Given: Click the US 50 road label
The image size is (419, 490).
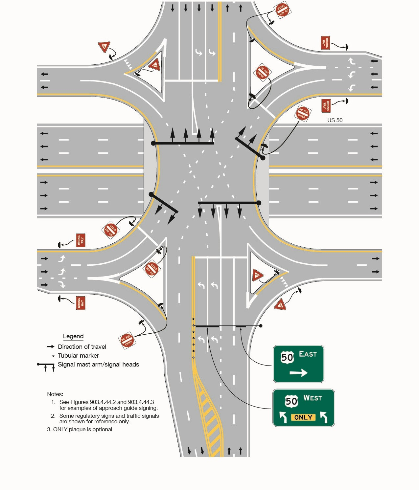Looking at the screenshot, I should [335, 120].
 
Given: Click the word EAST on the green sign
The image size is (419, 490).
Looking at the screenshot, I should [308, 354].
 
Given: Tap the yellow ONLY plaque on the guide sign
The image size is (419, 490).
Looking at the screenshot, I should [303, 417].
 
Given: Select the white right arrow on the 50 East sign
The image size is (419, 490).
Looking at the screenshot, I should [298, 373].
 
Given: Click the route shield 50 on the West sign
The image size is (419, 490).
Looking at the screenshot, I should [291, 401].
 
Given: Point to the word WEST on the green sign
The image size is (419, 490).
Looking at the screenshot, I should [313, 398].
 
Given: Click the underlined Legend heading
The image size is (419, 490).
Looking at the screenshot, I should [73, 336].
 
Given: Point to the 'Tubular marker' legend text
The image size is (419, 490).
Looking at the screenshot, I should [78, 355].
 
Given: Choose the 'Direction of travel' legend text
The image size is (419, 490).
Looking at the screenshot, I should [82, 346].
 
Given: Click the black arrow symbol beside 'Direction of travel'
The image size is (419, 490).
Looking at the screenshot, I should [51, 346].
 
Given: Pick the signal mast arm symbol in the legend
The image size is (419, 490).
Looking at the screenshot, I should [46, 366].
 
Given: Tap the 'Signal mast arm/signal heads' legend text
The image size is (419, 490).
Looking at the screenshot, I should [98, 364].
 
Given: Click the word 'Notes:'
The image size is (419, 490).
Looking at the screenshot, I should [55, 394].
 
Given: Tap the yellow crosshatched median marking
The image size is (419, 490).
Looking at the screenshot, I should [209, 417].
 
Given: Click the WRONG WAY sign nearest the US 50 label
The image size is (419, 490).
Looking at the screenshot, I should [326, 105].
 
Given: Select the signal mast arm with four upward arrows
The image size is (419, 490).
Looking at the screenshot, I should [184, 143].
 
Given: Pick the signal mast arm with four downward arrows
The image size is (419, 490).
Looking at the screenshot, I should [228, 203].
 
